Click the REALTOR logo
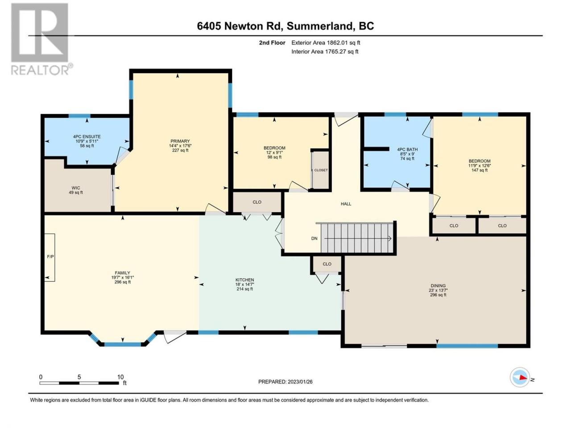coord(41,39)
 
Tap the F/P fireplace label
coord(50,256)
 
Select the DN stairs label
coord(314,238)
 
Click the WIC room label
coord(76,188)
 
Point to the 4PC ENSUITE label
coord(87,136)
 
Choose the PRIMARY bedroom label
coord(180,141)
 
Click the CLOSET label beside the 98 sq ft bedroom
coord(321,170)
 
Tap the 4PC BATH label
coord(407,149)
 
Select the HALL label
coord(346,204)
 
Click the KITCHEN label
coord(244,280)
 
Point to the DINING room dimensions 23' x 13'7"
coord(438,290)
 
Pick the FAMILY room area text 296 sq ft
coord(123,282)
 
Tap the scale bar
coord(79,383)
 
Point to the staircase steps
coord(356,238)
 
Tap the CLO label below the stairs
coord(327,264)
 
